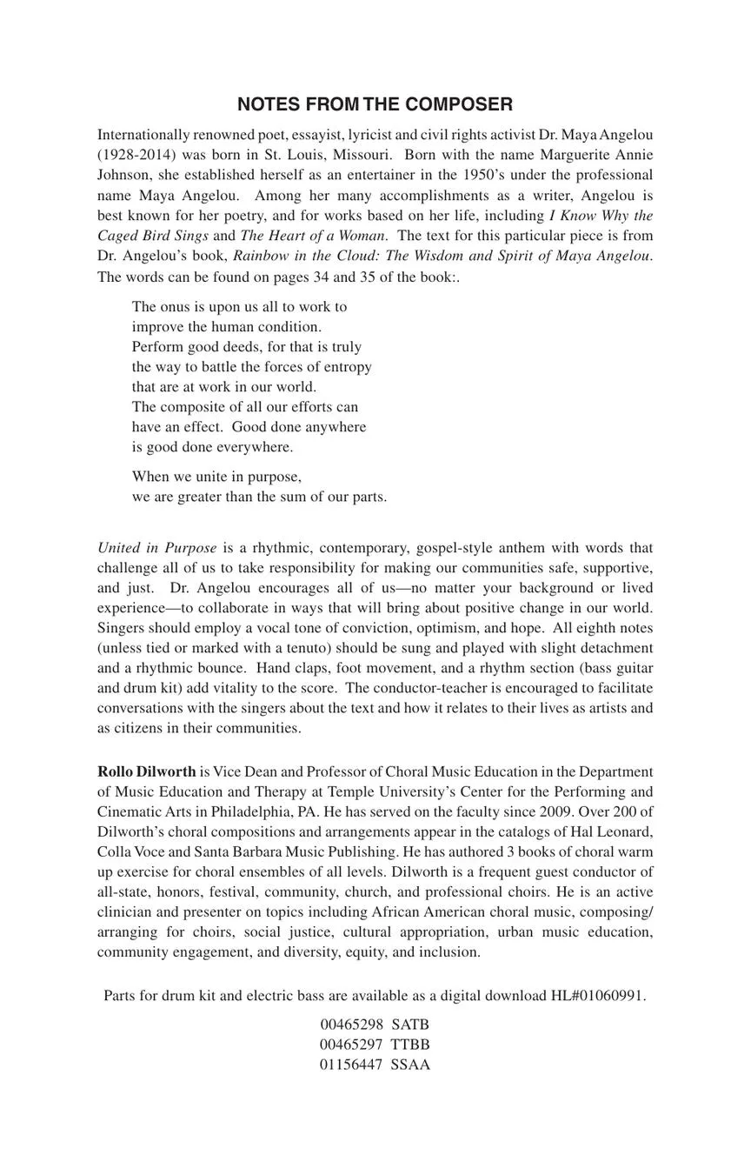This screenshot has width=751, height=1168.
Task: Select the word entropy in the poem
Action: pyautogui.click(x=347, y=366)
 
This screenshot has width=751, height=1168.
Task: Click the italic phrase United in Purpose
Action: pyautogui.click(x=157, y=547)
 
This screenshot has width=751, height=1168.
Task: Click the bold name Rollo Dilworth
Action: pyautogui.click(x=147, y=771)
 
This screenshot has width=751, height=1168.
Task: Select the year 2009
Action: pyautogui.click(x=540, y=811)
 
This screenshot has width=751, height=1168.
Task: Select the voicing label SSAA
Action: pyautogui.click(x=410, y=1064)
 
